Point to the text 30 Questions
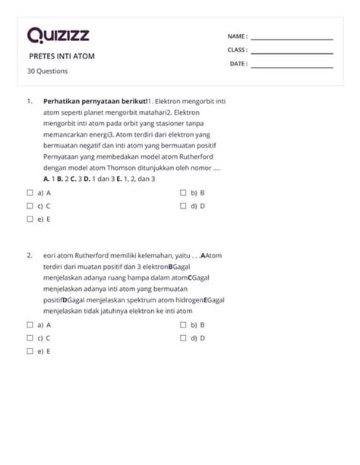(48, 71)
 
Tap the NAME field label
(237, 36)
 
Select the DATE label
(238, 64)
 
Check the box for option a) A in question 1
(30, 193)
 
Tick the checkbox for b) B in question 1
(183, 193)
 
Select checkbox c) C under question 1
(30, 205)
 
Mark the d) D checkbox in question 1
(183, 205)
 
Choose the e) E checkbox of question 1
(30, 218)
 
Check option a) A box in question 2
(30, 324)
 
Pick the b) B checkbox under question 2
(183, 324)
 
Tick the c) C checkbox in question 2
(30, 337)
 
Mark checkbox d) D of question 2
(183, 337)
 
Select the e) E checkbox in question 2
(30, 351)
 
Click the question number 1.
(29, 100)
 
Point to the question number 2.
(29, 255)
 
